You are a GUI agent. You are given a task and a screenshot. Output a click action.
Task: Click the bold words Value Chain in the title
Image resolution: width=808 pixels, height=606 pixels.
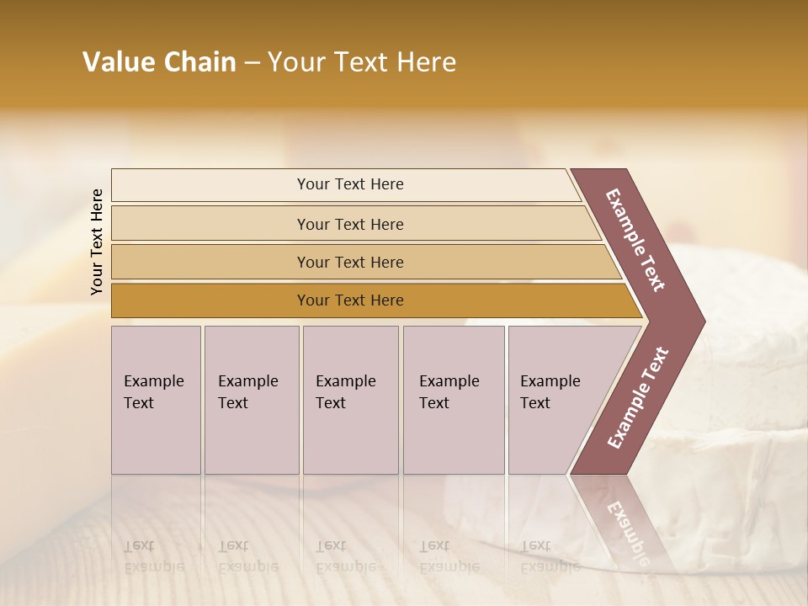point(159,62)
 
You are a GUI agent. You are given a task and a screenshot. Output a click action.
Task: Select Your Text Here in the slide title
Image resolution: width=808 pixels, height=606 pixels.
point(362,62)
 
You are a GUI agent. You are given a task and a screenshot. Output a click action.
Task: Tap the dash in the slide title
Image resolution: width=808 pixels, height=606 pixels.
point(252,63)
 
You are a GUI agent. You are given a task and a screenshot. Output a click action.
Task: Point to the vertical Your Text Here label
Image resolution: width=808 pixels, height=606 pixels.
point(97,242)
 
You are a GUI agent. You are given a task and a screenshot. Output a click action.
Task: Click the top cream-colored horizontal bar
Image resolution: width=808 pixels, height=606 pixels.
point(349,184)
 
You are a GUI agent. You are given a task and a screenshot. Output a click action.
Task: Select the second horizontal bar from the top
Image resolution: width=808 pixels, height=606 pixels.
point(349,224)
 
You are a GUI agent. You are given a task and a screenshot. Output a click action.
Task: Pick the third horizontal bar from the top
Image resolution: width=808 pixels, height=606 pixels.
point(349,262)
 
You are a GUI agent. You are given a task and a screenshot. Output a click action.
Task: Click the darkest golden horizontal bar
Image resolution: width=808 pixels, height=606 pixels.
point(349,300)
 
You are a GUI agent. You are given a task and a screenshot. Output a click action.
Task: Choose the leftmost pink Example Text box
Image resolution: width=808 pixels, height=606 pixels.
point(156,400)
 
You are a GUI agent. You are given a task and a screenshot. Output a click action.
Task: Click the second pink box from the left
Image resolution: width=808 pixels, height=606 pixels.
point(251,400)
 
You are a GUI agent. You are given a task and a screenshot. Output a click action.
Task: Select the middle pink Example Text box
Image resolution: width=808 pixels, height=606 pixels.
point(350,400)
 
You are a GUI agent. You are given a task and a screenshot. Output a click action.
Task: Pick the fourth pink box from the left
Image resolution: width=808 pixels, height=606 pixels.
point(454,400)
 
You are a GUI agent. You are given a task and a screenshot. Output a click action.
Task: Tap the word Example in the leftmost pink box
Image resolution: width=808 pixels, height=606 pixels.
point(153,381)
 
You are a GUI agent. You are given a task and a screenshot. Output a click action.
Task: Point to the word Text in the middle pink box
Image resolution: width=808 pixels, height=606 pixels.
point(330,403)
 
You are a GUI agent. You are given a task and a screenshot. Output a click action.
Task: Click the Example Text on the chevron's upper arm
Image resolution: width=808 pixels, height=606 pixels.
point(635,240)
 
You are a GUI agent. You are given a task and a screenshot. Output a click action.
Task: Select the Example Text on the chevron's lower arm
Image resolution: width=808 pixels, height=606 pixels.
point(638,398)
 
